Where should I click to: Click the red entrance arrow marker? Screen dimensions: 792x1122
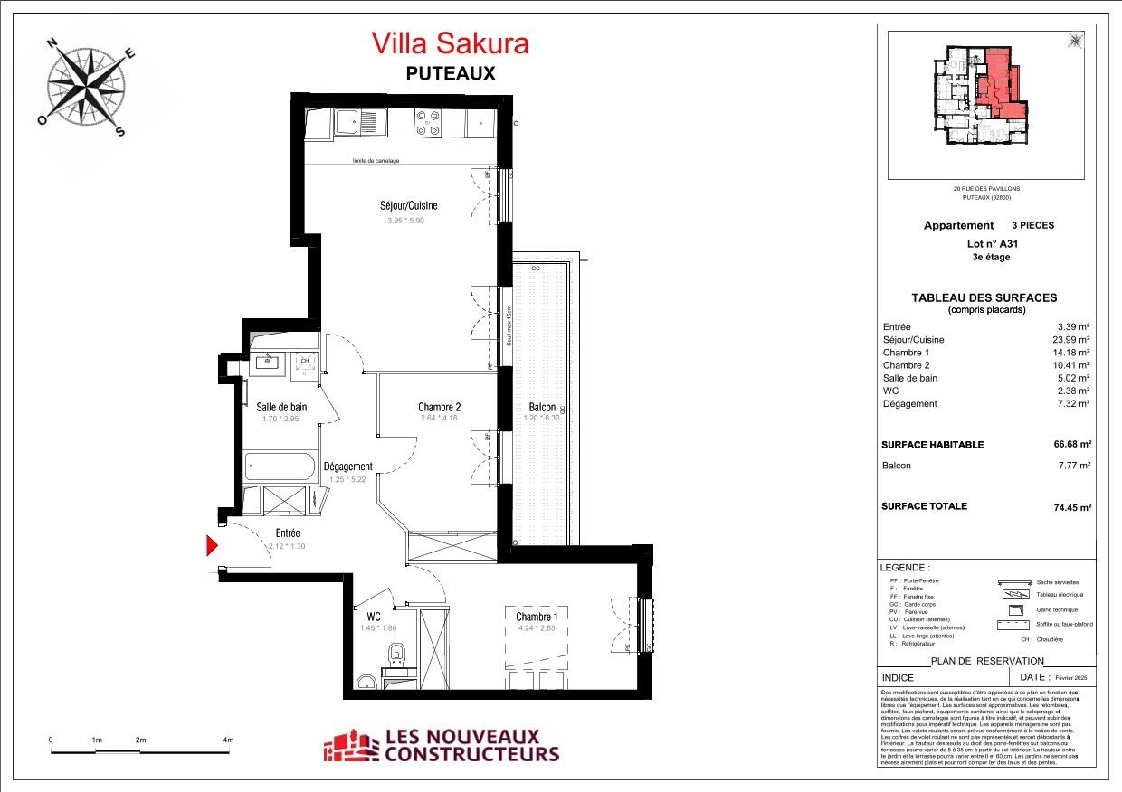click(214, 545)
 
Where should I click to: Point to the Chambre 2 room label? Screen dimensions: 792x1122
click(440, 406)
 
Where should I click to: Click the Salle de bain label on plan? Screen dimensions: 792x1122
click(281, 407)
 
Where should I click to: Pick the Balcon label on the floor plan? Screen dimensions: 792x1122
click(541, 408)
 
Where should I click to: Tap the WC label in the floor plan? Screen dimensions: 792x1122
click(373, 617)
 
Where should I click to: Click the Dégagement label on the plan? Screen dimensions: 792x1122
click(348, 467)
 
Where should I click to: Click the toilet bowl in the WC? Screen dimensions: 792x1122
click(395, 655)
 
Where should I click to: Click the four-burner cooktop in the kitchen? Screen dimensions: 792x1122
click(429, 122)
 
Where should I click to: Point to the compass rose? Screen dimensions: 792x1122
click(87, 87)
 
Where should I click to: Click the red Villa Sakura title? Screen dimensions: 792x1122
click(450, 43)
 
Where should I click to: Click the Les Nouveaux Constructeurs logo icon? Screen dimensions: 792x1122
click(351, 746)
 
